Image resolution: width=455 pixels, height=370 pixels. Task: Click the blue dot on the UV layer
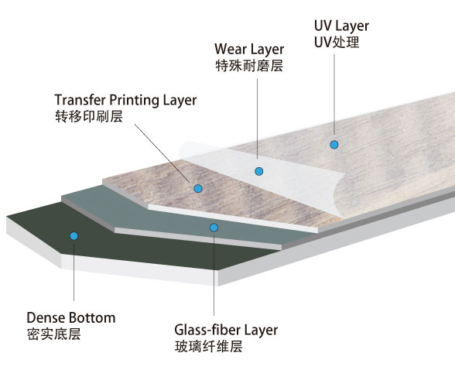coord(334,145)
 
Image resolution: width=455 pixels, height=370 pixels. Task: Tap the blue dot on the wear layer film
coord(258,172)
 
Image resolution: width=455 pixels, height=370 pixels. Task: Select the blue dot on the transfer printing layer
coord(198,189)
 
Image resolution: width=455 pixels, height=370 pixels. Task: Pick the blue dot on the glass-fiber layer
coord(214,228)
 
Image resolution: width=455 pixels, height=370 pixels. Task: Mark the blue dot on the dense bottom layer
coord(74,236)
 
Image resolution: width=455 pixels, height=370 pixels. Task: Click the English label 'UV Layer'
coord(341,26)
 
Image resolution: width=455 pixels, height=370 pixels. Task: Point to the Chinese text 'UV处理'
coord(337,43)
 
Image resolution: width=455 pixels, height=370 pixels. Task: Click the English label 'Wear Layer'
coord(249,50)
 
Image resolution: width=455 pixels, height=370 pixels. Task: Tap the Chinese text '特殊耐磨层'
coord(249,66)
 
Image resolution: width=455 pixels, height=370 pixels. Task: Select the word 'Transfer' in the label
coord(80,100)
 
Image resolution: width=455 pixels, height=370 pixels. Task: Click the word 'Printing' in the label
coord(135,101)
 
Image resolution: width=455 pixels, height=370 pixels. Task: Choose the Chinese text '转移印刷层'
coord(89,116)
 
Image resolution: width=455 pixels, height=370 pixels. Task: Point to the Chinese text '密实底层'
coord(53,334)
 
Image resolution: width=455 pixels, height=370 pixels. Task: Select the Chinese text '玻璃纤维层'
coord(209,347)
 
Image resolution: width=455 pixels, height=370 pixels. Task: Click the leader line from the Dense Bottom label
coord(74,272)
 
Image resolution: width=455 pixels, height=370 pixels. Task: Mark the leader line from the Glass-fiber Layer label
coord(214,276)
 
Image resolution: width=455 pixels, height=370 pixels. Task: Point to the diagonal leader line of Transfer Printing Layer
coord(162,153)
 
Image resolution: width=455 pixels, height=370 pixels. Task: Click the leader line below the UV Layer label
coord(334,94)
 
